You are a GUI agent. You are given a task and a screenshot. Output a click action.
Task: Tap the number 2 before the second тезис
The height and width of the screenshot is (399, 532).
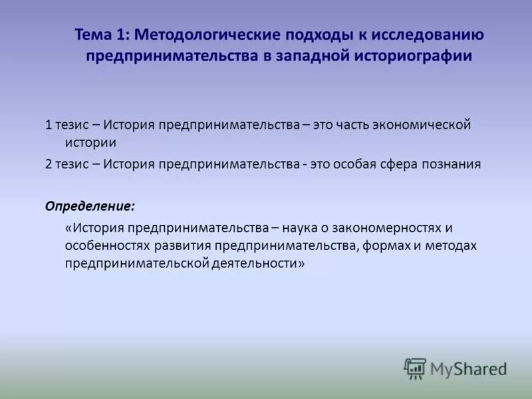tap(49, 164)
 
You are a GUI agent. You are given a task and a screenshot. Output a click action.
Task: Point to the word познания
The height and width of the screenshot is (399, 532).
tap(451, 164)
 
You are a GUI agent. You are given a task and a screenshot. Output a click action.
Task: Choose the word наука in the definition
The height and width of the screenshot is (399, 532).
tap(307, 228)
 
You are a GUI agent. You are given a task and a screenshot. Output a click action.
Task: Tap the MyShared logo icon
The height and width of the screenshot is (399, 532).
tap(415, 368)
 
